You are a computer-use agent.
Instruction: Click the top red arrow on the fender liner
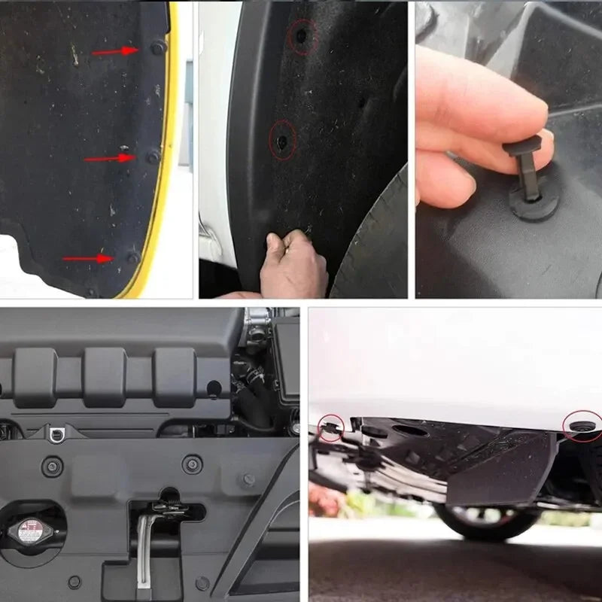tap(115, 51)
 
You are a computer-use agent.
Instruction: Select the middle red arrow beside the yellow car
tap(109, 158)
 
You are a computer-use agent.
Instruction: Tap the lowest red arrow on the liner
tap(87, 258)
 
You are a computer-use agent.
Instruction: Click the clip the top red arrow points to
tap(157, 47)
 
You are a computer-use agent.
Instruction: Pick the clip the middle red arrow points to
tap(153, 157)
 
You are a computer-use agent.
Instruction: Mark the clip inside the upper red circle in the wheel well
tap(301, 35)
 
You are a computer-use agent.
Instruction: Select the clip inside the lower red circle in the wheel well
tap(282, 141)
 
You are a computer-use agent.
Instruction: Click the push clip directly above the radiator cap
tap(52, 466)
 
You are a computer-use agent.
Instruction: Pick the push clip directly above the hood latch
tap(192, 464)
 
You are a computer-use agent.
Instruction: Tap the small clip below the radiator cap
tap(74, 582)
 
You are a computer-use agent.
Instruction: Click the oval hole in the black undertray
tap(411, 431)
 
